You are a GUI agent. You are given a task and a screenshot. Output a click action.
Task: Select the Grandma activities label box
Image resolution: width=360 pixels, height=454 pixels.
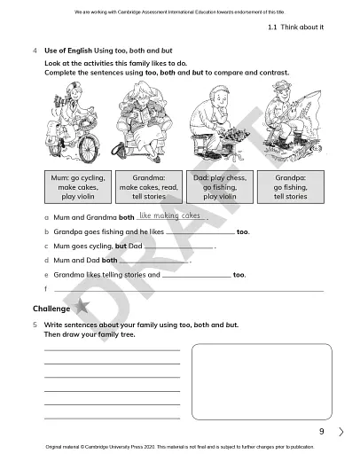pos(143,187)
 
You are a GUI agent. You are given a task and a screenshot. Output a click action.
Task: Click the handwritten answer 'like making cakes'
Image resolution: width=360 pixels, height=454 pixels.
pos(170,215)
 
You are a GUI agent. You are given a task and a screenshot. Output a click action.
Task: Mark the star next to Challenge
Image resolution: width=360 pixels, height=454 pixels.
pos(82,307)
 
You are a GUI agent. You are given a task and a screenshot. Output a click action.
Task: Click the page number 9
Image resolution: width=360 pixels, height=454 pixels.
pos(322,432)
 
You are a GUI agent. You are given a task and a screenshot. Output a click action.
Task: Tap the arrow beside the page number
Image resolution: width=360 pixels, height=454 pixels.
pos(341,432)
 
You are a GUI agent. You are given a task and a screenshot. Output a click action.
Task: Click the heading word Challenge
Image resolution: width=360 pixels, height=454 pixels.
pos(51,308)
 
